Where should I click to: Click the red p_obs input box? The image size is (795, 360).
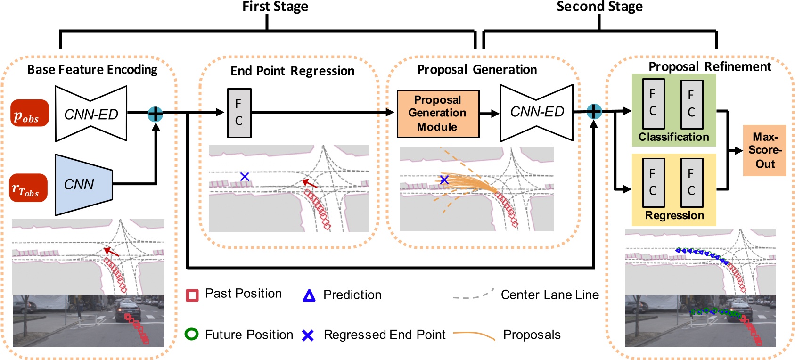coord(30,113)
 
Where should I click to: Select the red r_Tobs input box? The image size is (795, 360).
coord(28,188)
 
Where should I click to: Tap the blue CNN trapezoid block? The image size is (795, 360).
coord(83,184)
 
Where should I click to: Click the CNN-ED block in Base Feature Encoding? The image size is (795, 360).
coord(91,114)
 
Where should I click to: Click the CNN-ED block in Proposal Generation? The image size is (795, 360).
coord(537,112)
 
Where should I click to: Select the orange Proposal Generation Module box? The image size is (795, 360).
coord(438,114)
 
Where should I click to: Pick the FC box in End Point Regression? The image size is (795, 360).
coord(239,113)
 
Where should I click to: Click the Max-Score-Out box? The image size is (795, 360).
coord(764,150)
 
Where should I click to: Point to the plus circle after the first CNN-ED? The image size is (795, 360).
coord(155,114)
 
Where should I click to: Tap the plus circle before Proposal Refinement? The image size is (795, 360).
coord(594,112)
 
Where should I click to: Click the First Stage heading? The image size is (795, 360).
coord(275,7)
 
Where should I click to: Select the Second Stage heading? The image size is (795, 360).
coord(599,7)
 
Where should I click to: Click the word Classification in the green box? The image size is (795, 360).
coord(673,137)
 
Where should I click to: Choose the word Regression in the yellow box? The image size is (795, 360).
coord(674,216)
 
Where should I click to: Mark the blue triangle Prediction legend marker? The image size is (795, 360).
coord(309,295)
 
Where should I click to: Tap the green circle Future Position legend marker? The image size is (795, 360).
coord(191,335)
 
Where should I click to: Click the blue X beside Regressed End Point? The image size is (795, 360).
coord(308,335)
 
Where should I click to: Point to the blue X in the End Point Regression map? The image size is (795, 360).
coord(245,177)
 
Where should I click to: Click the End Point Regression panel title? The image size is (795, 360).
coord(292,71)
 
